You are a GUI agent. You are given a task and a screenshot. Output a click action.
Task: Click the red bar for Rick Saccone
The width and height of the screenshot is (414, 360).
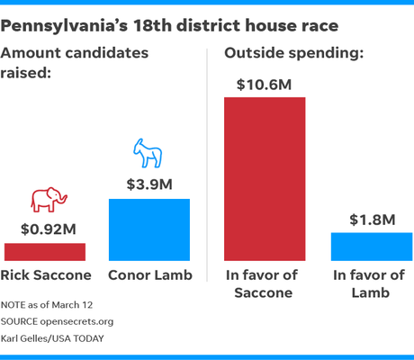(x=45, y=251)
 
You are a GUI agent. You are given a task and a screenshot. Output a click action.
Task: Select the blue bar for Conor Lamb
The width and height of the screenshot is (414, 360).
(x=149, y=229)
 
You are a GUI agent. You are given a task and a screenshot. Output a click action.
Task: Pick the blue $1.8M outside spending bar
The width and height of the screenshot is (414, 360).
(x=368, y=246)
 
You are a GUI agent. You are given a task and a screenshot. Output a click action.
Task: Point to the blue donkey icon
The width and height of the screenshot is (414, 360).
(x=148, y=155)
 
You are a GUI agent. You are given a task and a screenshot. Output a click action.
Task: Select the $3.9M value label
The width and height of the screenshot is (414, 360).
(x=148, y=185)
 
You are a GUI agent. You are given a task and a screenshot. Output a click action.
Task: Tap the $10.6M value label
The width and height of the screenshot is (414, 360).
(x=265, y=84)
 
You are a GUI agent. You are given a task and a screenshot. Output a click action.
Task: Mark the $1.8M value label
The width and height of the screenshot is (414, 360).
(x=369, y=220)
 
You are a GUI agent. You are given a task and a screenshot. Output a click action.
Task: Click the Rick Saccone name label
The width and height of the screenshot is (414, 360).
(x=47, y=275)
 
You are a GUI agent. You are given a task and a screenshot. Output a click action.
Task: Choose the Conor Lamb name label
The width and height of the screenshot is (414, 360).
(x=149, y=275)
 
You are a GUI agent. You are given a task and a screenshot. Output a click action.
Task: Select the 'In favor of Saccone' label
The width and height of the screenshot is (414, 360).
(x=265, y=283)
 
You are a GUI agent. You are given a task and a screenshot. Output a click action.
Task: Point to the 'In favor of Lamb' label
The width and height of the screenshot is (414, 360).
(x=368, y=283)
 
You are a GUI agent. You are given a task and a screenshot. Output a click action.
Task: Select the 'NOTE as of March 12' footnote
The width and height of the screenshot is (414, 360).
(x=57, y=306)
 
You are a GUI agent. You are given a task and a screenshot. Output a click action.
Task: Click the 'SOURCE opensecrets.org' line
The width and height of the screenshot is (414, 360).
(x=63, y=322)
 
